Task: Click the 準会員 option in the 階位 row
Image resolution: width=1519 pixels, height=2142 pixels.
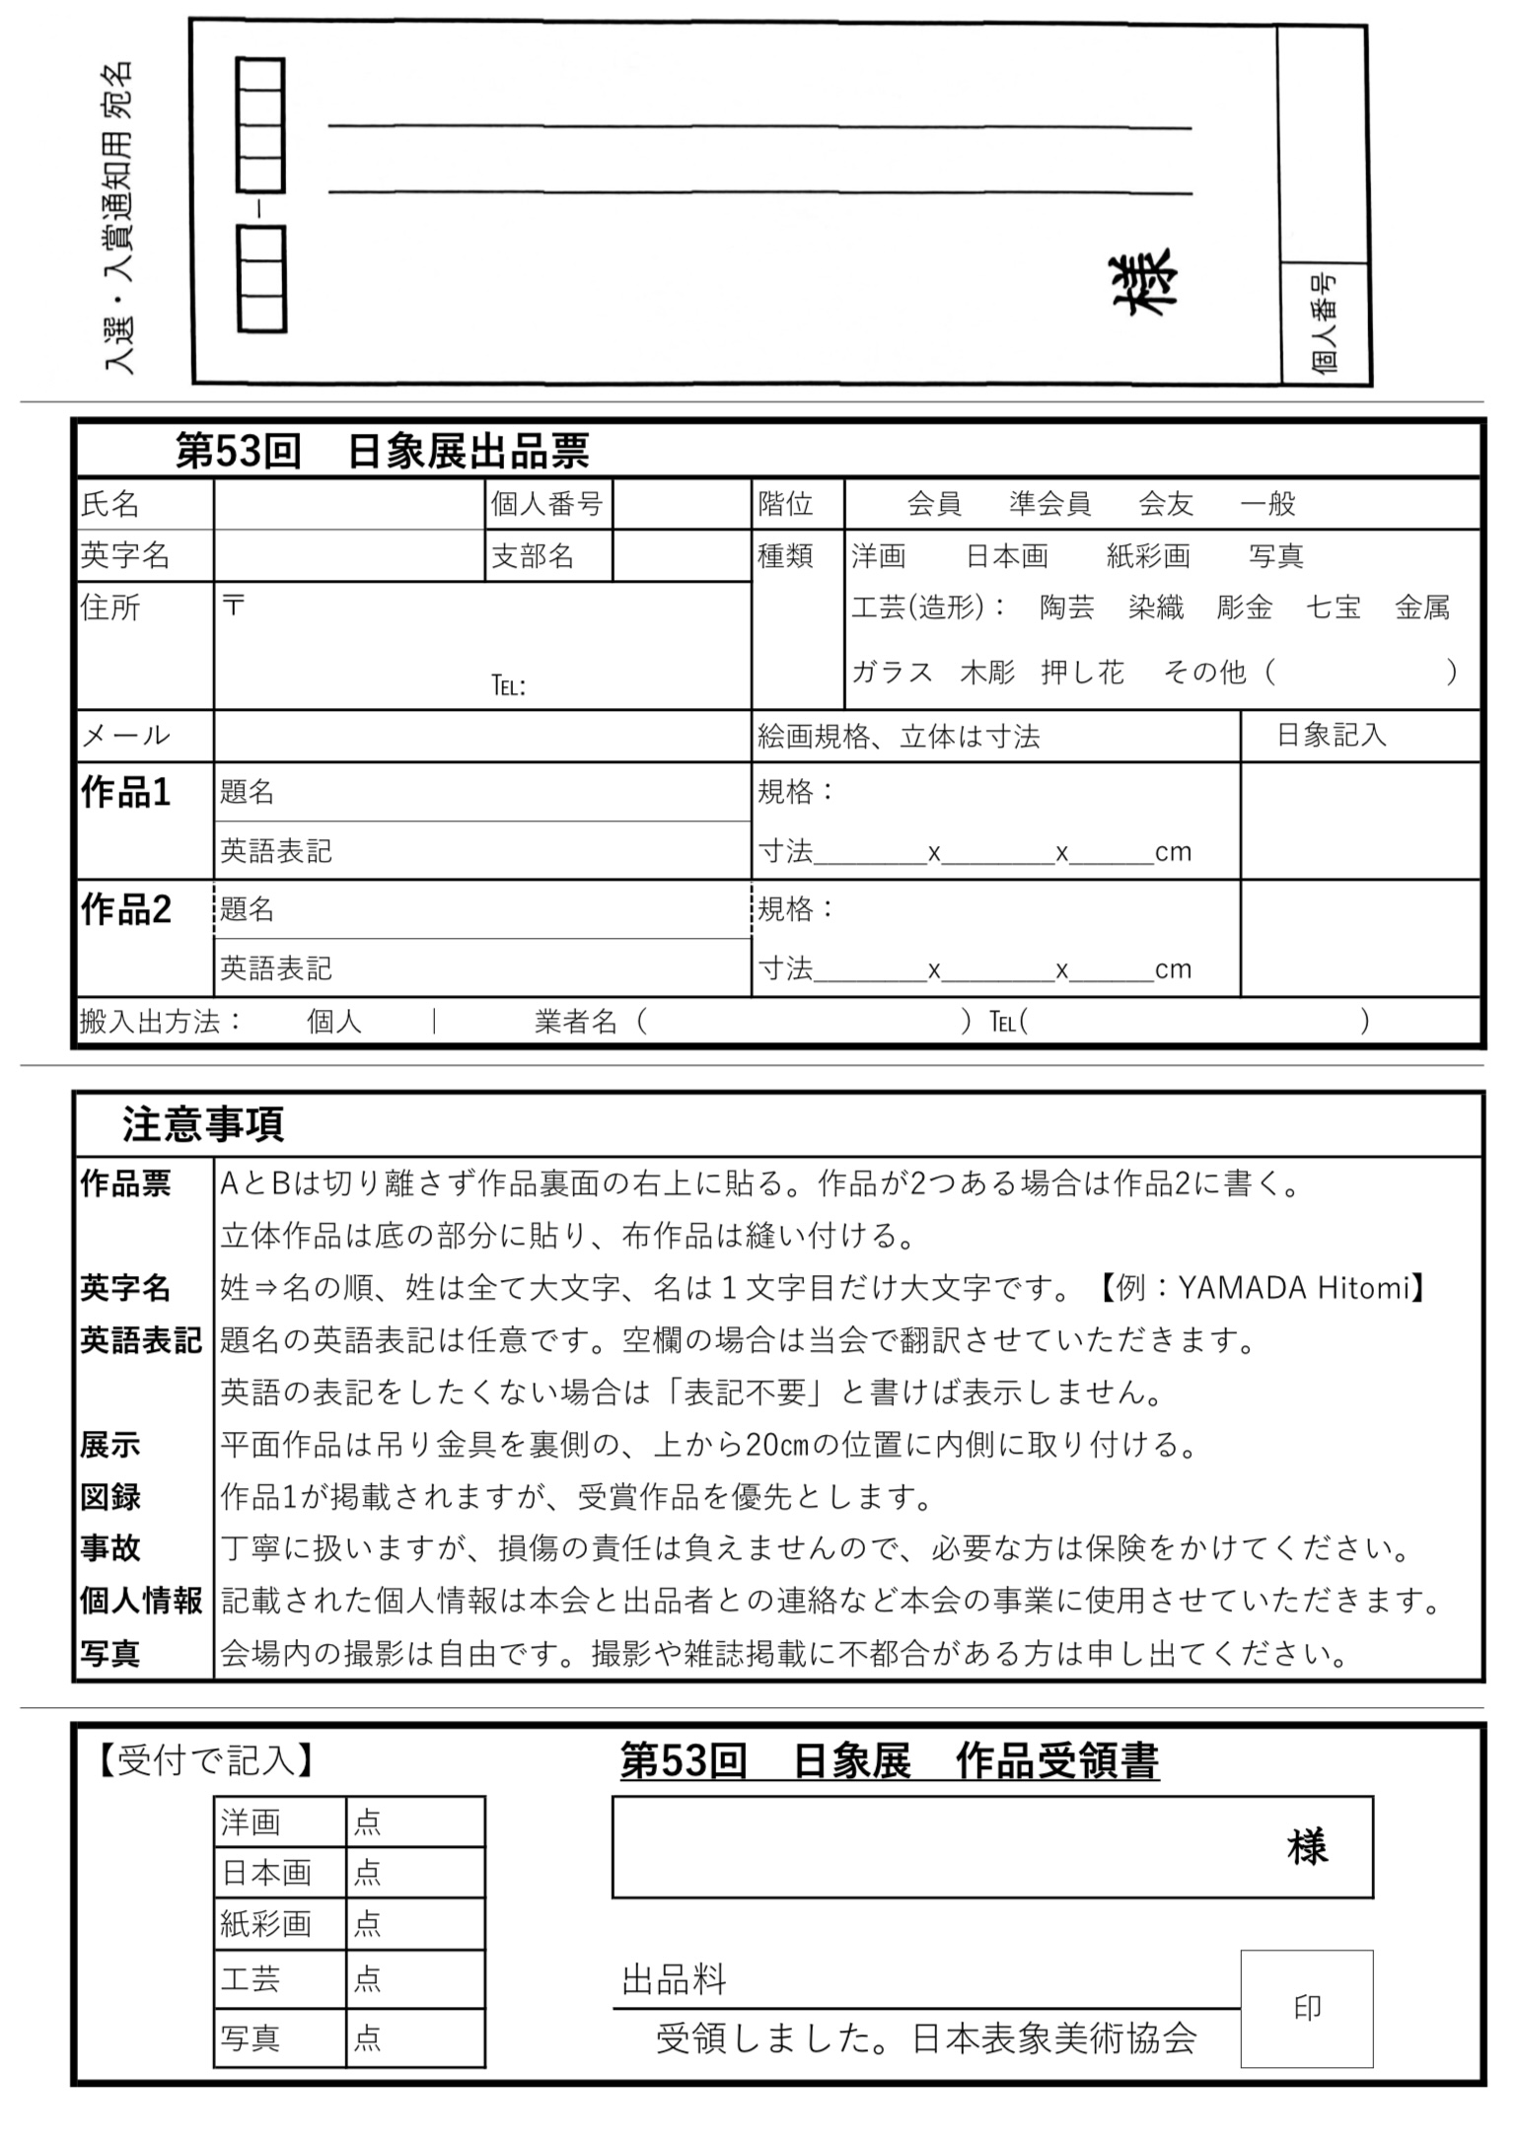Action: point(1049,504)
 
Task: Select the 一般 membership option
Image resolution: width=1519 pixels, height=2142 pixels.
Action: point(1267,504)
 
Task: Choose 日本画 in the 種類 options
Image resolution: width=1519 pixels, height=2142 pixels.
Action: point(1006,556)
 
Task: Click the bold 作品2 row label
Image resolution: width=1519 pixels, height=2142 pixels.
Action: point(126,909)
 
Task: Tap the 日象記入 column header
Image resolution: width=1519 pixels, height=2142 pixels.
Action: point(1332,735)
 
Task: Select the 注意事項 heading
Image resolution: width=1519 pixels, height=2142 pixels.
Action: point(203,1124)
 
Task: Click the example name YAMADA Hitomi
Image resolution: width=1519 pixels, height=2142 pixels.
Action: point(1294,1288)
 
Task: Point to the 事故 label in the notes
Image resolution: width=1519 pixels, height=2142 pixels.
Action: point(110,1548)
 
